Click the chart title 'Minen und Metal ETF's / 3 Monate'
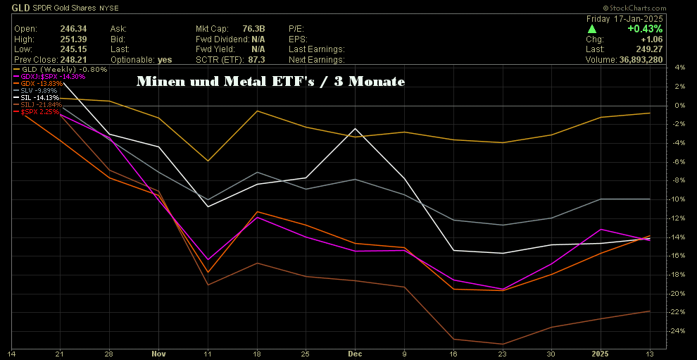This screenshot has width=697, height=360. pos(270,82)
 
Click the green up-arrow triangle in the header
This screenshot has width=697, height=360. pos(592,29)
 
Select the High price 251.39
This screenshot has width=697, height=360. pos(61,39)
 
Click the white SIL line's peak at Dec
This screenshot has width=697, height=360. pos(355,129)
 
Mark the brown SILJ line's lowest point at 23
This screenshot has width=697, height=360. pos(501,344)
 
